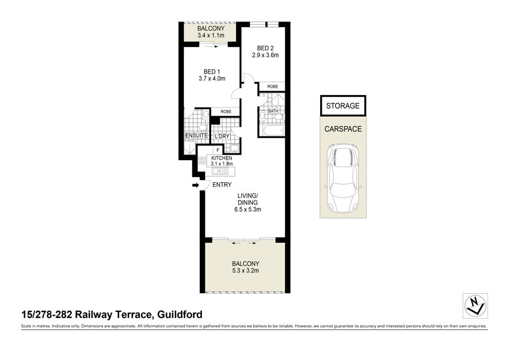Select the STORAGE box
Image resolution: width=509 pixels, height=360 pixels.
click(x=343, y=106)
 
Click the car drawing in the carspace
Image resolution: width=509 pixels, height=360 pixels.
click(x=343, y=177)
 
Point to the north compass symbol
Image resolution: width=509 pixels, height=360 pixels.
click(x=475, y=306)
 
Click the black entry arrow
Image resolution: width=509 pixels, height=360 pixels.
click(x=196, y=185)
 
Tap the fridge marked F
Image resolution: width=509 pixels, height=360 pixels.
click(x=218, y=150)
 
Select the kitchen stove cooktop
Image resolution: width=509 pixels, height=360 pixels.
click(x=202, y=160)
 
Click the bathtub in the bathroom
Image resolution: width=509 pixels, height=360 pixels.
click(x=273, y=131)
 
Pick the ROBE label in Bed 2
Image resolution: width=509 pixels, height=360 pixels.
click(x=273, y=87)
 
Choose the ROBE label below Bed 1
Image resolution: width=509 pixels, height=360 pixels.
click(x=226, y=112)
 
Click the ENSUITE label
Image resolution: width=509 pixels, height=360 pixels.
click(x=196, y=135)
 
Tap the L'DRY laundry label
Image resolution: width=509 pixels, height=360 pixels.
click(x=222, y=136)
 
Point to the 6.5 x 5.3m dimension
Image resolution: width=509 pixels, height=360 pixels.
click(x=248, y=209)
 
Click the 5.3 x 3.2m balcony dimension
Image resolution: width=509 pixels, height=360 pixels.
click(x=245, y=271)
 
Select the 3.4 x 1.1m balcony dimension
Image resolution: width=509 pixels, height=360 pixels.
click(x=211, y=36)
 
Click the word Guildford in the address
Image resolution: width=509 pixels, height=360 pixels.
click(x=179, y=315)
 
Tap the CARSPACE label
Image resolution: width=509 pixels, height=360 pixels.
click(x=343, y=129)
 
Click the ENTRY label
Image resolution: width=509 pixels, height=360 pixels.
click(x=222, y=185)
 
